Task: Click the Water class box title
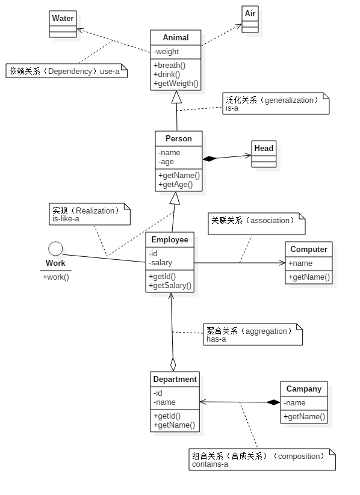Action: pos(63,18)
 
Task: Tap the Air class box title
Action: pos(250,14)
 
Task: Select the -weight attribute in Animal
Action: pos(166,52)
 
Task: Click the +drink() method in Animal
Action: pos(167,74)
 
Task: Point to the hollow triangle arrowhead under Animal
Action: pos(176,97)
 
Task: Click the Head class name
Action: pos(264,149)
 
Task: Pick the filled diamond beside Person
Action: pos(209,158)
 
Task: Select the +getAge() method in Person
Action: pos(175,185)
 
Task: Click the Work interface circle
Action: pos(55,249)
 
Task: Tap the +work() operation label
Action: pos(55,277)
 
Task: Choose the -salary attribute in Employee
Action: pos(161,263)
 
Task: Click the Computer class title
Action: pos(308,250)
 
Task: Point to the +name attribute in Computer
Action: pos(300,263)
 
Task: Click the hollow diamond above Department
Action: pos(173,364)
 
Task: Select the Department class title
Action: pos(175,379)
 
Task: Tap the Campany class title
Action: pos(304,389)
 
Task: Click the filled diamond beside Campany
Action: pos(273,402)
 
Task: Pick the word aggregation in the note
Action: pos(266,331)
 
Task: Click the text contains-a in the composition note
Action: pos(210,464)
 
